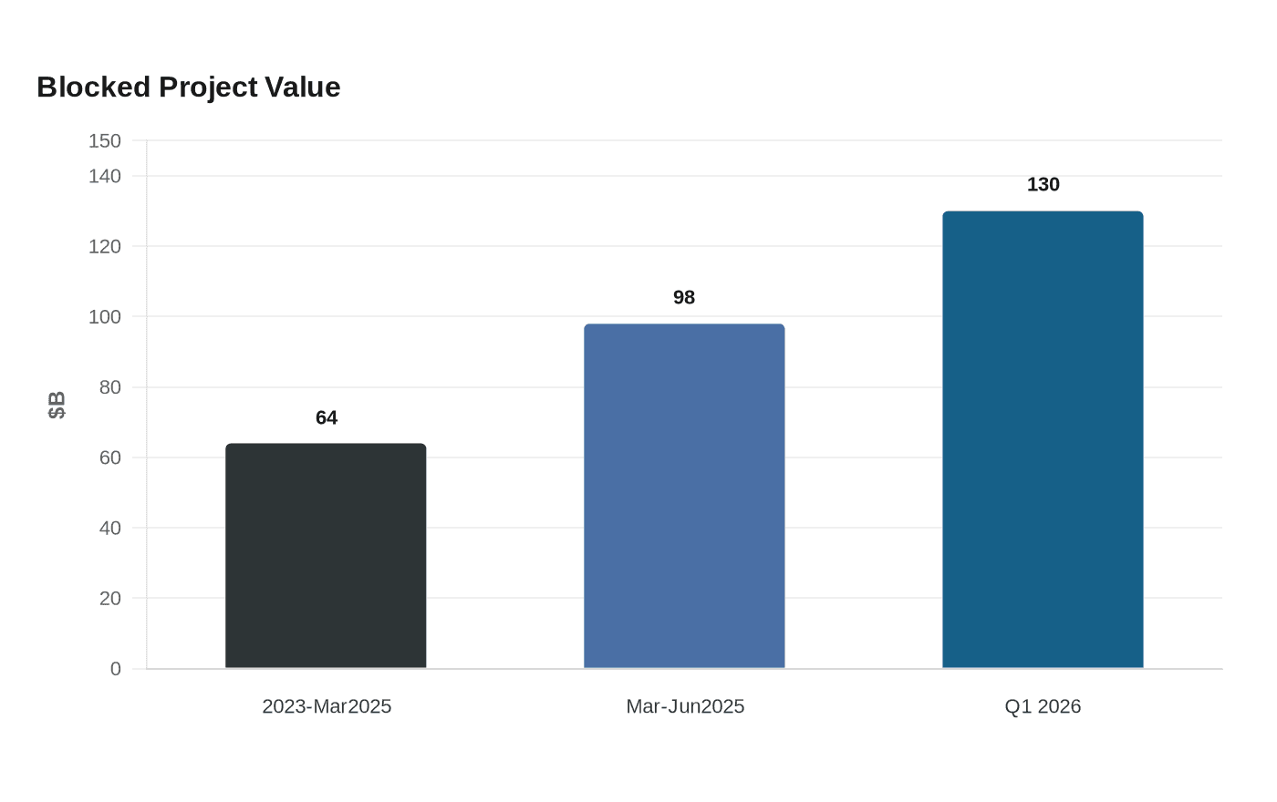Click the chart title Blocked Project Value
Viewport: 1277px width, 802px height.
pyautogui.click(x=188, y=87)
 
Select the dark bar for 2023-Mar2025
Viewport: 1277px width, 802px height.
pyautogui.click(x=326, y=555)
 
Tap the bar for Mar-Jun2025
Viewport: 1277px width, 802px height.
pyautogui.click(x=684, y=496)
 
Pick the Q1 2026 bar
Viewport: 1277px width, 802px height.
pyautogui.click(x=1043, y=439)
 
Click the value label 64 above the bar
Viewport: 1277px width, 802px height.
pyautogui.click(x=327, y=417)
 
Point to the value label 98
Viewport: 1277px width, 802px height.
pyautogui.click(x=684, y=297)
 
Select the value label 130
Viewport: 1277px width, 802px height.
pyautogui.click(x=1043, y=184)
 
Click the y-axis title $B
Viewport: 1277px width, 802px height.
pyautogui.click(x=57, y=405)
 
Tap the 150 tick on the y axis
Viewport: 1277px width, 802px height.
pyautogui.click(x=104, y=140)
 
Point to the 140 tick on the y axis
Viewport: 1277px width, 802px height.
pyautogui.click(x=104, y=176)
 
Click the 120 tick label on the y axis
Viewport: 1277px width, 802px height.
pyautogui.click(x=104, y=247)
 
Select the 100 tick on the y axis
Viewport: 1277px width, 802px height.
pyautogui.click(x=104, y=317)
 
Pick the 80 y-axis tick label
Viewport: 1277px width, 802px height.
pyautogui.click(x=110, y=387)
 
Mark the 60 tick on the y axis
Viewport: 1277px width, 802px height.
pyautogui.click(x=110, y=458)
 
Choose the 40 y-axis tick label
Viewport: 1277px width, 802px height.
pyautogui.click(x=110, y=528)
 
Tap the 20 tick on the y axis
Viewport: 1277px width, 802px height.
pyautogui.click(x=110, y=598)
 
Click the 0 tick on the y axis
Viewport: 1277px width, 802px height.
pyautogui.click(x=116, y=669)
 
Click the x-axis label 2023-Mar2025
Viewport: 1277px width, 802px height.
pyautogui.click(x=327, y=706)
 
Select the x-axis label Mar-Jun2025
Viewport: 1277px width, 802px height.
pyautogui.click(x=685, y=706)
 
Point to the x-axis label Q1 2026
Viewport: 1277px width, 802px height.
pyautogui.click(x=1043, y=706)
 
